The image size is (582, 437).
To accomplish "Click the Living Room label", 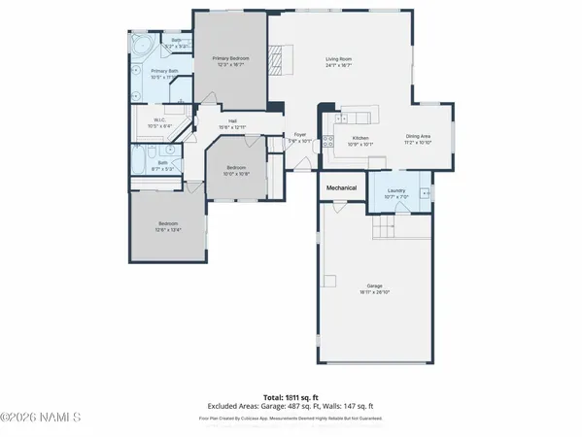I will (338, 59).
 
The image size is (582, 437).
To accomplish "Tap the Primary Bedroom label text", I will (231, 59).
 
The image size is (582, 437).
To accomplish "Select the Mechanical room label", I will (341, 187).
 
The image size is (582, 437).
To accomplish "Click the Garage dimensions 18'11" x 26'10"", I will (375, 292).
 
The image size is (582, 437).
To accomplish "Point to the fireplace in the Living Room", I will (276, 60).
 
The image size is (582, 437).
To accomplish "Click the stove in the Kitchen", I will (327, 142).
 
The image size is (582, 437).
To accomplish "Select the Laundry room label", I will (395, 190).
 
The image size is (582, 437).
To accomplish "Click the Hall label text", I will (233, 121).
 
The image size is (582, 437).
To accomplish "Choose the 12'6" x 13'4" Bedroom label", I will (169, 226).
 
